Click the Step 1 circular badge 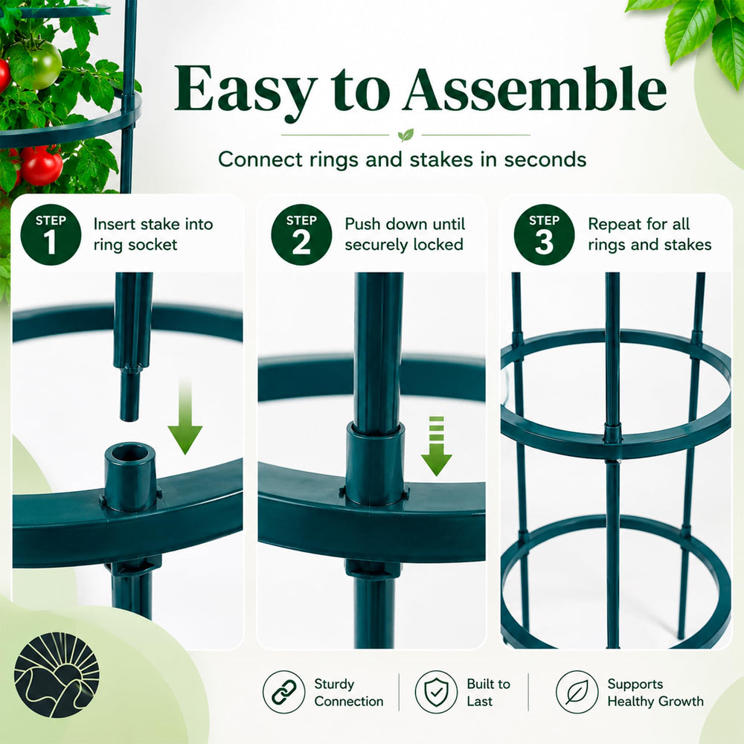[x=51, y=234]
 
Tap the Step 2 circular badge [x=301, y=234]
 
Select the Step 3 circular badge [x=545, y=234]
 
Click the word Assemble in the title [x=536, y=89]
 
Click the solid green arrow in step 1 [x=185, y=416]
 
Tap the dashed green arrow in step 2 [x=437, y=446]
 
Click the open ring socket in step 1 [x=130, y=476]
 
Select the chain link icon [x=283, y=692]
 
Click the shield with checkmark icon [x=436, y=692]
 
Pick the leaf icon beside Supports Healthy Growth [x=577, y=692]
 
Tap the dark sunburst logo [x=57, y=674]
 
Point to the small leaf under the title [x=405, y=135]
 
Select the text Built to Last [x=488, y=692]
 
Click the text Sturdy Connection [x=349, y=692]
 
